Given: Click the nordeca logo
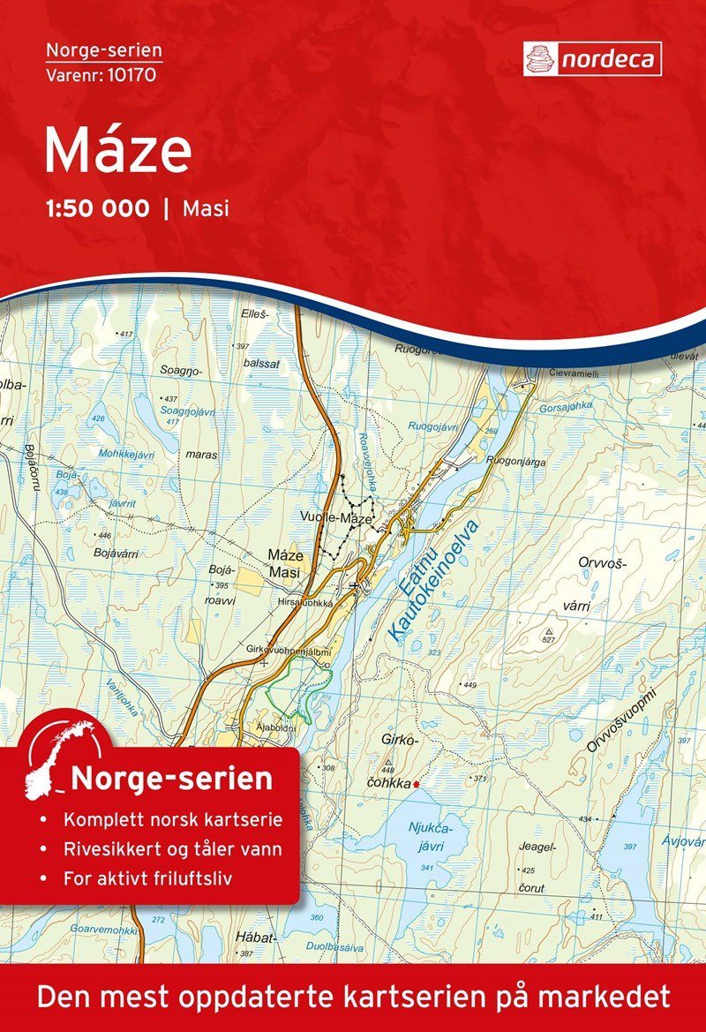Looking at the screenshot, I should click(x=591, y=59).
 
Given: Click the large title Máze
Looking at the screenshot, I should click(x=117, y=150).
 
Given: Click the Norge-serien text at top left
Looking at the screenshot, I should click(x=103, y=52).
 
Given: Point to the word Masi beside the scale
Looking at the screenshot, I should click(x=204, y=209).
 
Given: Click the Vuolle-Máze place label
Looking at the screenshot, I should click(x=336, y=519).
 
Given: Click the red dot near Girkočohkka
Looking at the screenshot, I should click(x=417, y=783).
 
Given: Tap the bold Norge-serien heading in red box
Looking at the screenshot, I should click(x=171, y=780).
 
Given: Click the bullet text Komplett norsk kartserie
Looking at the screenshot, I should click(x=172, y=819).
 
